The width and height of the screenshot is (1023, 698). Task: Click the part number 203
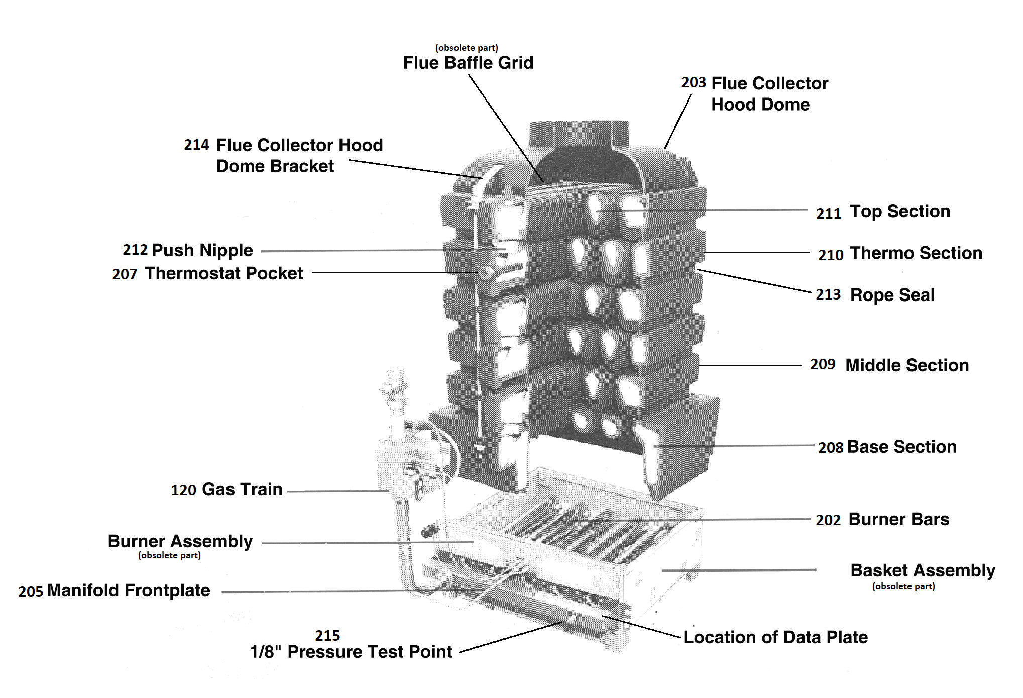tap(694, 82)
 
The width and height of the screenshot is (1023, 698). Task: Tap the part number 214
tap(196, 145)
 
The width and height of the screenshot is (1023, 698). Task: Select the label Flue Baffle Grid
tap(468, 63)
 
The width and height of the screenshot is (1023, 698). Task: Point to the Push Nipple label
tap(202, 250)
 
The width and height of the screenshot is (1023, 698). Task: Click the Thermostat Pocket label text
tap(223, 273)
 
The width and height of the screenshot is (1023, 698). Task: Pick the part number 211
tap(829, 214)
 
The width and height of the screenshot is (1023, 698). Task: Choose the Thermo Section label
tap(916, 253)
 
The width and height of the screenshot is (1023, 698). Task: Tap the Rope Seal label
tap(892, 295)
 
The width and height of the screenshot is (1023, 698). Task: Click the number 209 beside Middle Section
tap(823, 364)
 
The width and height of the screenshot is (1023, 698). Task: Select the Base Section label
tap(902, 447)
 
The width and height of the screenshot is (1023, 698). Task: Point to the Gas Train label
tap(242, 489)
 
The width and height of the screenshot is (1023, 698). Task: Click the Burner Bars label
tap(899, 519)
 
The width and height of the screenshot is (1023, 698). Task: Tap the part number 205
tap(31, 591)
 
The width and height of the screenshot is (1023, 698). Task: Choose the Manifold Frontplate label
tap(129, 590)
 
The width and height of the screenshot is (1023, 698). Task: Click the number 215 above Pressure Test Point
tap(327, 636)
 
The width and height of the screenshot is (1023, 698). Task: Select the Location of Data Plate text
tap(775, 637)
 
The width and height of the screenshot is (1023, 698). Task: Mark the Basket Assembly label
tap(923, 570)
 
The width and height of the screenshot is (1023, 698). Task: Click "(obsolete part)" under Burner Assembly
tap(169, 555)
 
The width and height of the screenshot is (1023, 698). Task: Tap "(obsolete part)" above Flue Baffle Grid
tap(467, 48)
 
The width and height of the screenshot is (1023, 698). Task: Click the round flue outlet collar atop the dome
tap(579, 134)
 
